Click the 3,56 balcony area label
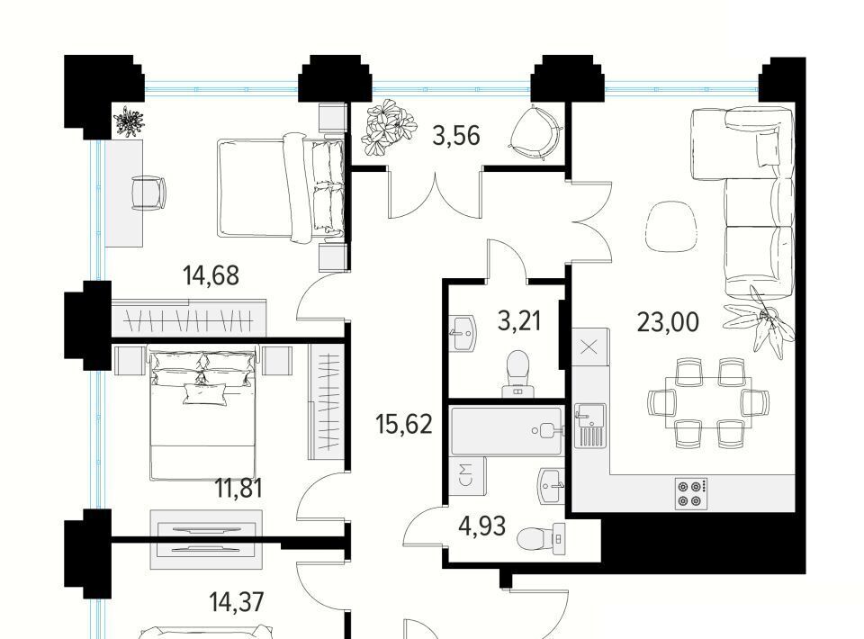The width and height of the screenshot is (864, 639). point(456,136)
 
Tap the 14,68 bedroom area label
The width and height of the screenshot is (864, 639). point(211,274)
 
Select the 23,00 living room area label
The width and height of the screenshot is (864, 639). point(668,321)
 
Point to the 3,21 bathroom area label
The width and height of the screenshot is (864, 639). point(519,320)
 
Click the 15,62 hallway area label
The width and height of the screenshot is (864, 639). point(404,424)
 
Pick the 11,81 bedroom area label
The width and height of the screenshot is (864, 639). point(238,488)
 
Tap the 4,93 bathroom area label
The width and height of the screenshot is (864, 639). point(482,526)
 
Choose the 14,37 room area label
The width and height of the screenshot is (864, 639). point(237,602)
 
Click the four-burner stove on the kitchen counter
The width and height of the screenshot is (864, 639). point(691,493)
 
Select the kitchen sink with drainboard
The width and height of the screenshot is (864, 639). point(590,425)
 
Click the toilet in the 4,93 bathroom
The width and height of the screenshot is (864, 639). point(542,538)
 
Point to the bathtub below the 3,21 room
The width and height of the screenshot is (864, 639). point(507,431)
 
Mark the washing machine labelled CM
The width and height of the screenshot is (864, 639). point(466,474)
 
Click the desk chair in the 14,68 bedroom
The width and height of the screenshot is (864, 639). point(148,193)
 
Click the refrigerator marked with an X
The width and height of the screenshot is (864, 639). point(590,346)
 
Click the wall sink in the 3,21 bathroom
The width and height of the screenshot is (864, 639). point(463,333)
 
